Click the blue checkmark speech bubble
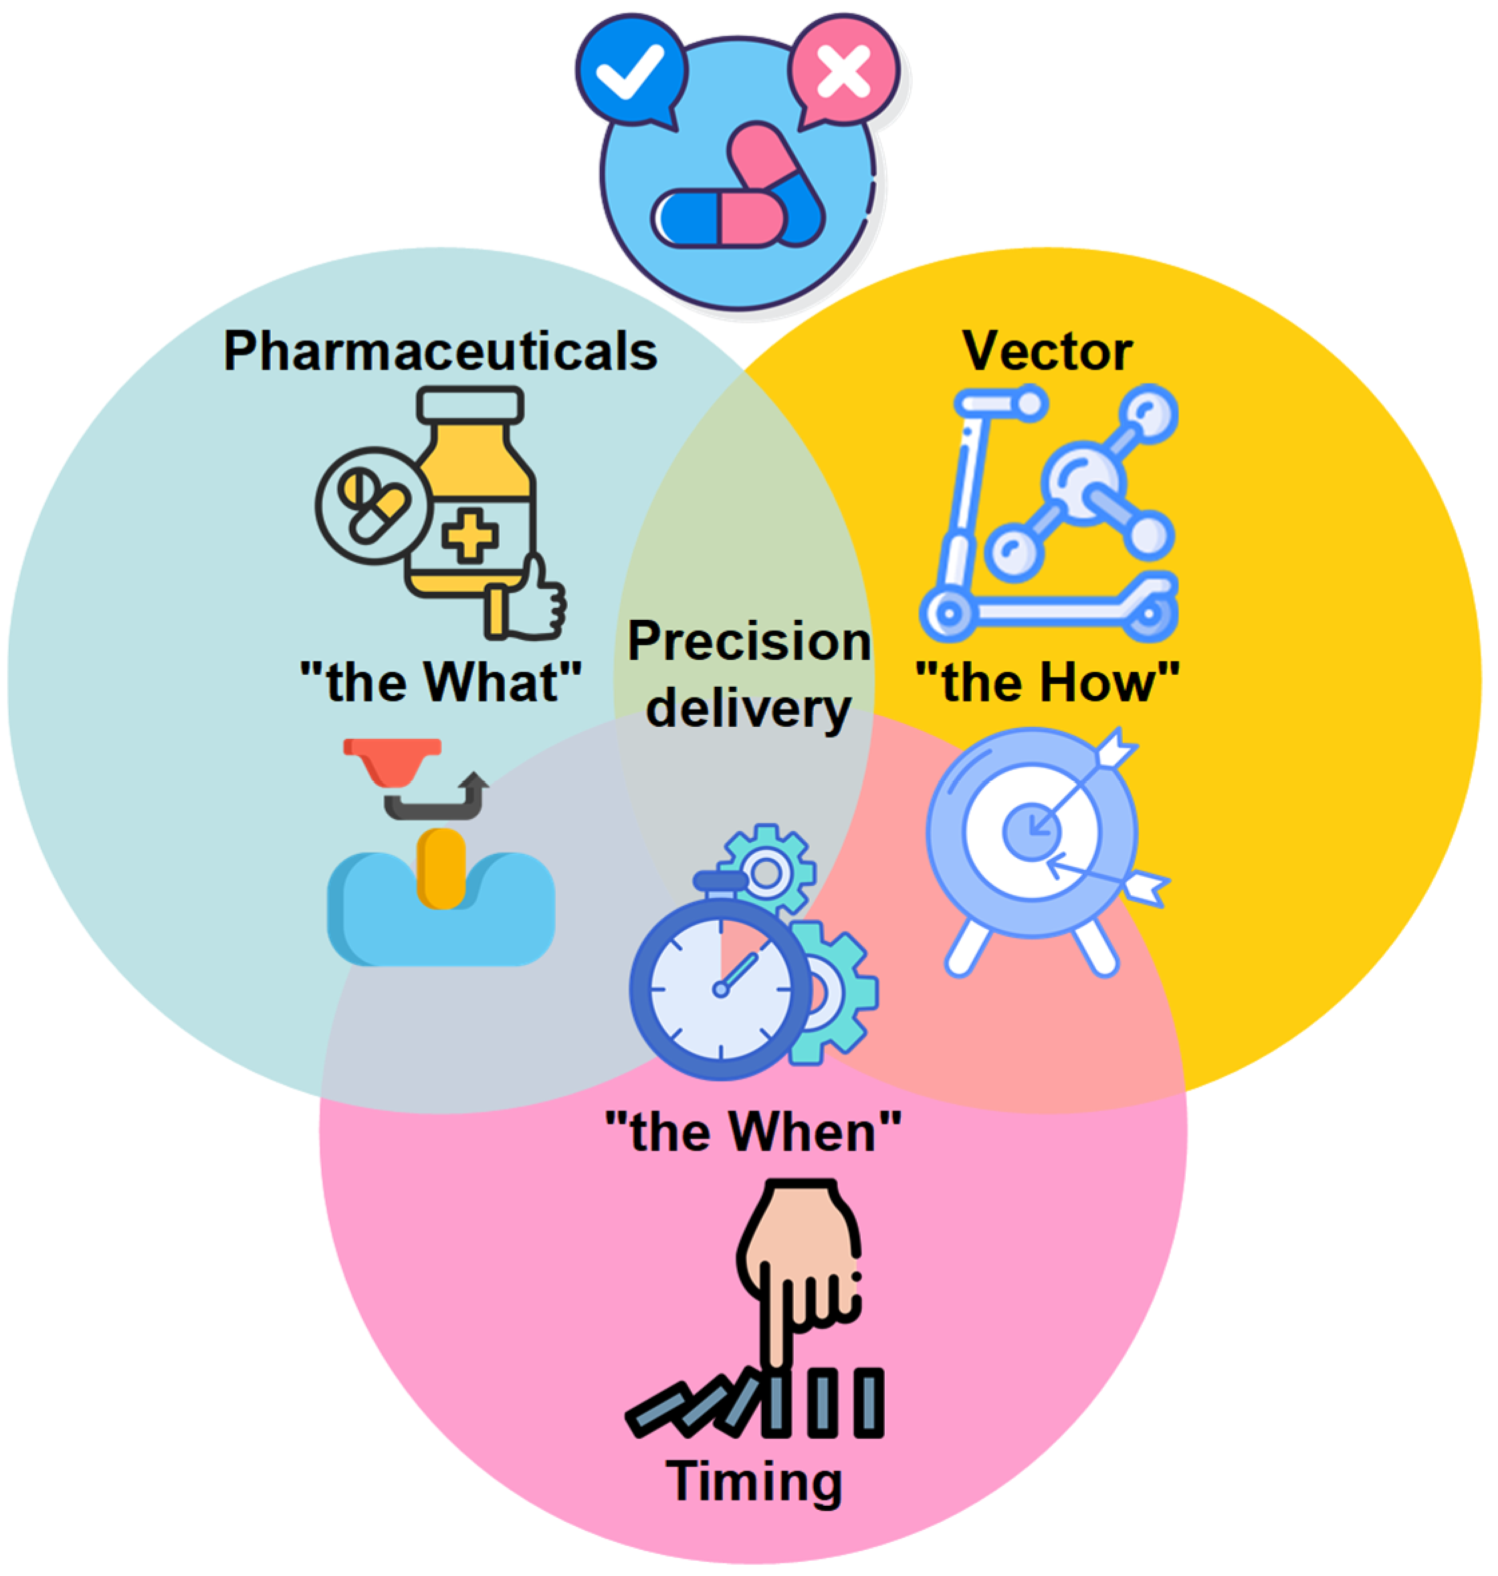click(631, 70)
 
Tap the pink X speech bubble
click(845, 70)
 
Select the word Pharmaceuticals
click(440, 351)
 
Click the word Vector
click(1047, 351)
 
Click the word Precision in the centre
click(749, 641)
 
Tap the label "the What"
click(440, 683)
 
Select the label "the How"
click(1047, 683)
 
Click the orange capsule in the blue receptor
click(441, 869)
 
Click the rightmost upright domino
click(869, 1402)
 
